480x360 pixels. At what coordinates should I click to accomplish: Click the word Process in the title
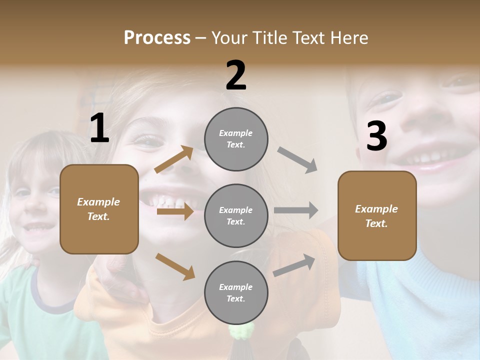157,38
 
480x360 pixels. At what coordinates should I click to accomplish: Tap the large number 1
99,128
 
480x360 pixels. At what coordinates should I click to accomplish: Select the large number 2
236,75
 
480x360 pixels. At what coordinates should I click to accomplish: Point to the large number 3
376,136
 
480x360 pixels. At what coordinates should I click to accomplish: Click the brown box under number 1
99,209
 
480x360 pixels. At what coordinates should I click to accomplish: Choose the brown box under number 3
377,216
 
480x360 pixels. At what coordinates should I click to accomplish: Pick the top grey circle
236,138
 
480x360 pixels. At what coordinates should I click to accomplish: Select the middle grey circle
236,215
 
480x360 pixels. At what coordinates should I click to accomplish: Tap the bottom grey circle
236,292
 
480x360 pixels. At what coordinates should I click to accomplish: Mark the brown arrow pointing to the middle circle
175,211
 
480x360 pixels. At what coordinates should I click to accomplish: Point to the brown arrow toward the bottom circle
175,266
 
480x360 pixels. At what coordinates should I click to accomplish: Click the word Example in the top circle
235,133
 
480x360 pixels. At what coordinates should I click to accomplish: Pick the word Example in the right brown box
376,209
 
